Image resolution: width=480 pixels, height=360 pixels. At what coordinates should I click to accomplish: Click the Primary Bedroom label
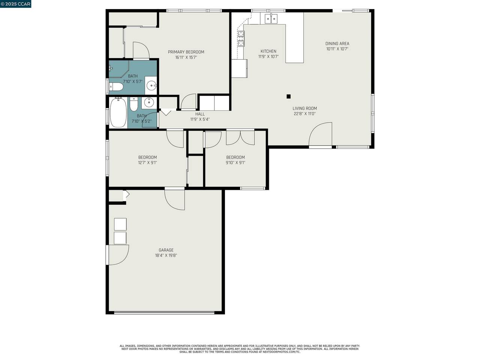click(x=186, y=52)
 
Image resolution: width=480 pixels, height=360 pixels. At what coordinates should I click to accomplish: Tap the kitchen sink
click(x=271, y=18)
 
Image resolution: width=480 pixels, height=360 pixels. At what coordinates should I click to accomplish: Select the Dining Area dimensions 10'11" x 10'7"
click(x=337, y=49)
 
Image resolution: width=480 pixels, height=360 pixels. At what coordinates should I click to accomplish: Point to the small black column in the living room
click(x=288, y=96)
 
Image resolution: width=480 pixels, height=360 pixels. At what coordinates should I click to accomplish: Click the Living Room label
click(x=304, y=108)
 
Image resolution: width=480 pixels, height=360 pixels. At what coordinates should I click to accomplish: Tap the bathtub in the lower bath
click(x=118, y=112)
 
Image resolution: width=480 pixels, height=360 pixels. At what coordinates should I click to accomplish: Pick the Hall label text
click(x=200, y=114)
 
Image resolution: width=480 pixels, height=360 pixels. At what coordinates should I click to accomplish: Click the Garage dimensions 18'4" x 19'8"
click(x=166, y=255)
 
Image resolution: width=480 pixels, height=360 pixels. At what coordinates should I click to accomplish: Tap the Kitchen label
click(x=268, y=51)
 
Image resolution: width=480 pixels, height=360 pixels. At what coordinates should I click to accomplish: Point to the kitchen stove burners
click(x=241, y=39)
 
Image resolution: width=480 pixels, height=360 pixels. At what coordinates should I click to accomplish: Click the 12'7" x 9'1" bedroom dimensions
click(x=147, y=163)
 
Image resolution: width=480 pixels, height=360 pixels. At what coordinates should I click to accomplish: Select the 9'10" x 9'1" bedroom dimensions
click(x=235, y=163)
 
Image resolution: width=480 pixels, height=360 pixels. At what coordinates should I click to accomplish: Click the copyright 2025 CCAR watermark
click(x=15, y=4)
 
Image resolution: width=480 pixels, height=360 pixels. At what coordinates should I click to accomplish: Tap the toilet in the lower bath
click(x=133, y=104)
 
